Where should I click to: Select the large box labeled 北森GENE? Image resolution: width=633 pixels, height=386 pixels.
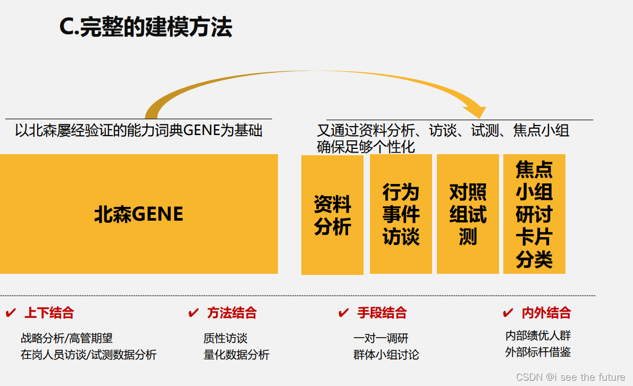click(x=139, y=214)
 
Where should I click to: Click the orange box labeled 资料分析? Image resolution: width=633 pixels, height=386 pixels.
click(x=332, y=215)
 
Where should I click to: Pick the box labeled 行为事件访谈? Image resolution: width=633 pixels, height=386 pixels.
click(x=401, y=214)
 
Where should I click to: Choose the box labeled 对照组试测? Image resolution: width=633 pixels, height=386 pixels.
click(x=468, y=214)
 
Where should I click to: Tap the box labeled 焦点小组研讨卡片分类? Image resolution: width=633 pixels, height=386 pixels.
click(x=534, y=214)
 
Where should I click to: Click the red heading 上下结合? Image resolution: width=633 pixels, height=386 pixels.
click(x=49, y=313)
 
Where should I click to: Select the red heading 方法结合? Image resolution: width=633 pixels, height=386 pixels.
click(x=232, y=313)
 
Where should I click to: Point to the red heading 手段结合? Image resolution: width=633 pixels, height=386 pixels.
click(x=382, y=313)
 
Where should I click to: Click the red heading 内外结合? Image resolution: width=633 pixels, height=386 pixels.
click(x=546, y=313)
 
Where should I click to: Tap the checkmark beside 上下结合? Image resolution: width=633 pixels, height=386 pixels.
click(x=11, y=313)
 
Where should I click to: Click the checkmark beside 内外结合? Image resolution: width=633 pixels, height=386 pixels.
click(x=508, y=313)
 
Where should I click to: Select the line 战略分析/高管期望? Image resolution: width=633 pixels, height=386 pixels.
click(x=66, y=338)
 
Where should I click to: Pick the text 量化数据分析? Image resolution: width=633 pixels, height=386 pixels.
click(x=237, y=355)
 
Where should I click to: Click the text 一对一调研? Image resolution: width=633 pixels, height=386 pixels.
click(x=381, y=338)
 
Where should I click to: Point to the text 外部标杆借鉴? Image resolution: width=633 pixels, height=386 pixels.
click(x=538, y=352)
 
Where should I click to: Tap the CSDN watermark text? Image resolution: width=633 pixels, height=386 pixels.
click(x=570, y=377)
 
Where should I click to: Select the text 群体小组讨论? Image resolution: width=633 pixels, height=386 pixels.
click(x=386, y=355)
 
